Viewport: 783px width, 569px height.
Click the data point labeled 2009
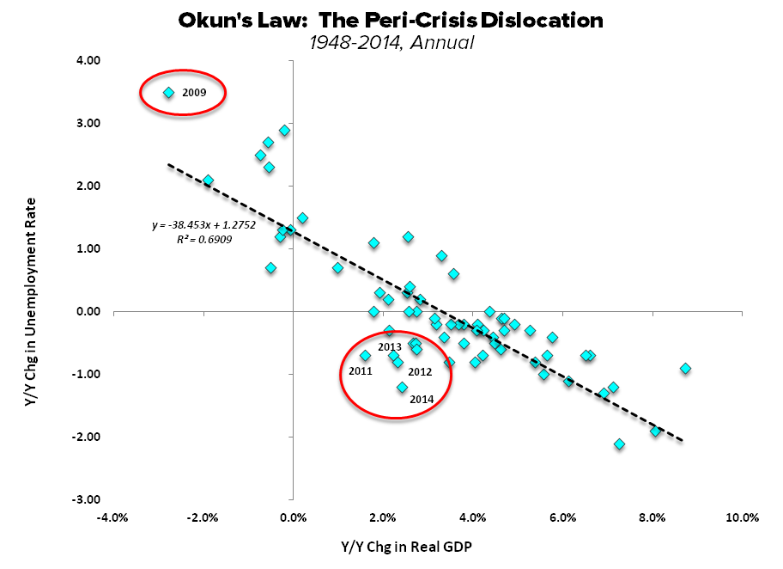168,92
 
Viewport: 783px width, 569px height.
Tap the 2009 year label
193,92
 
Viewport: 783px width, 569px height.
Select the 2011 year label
361,372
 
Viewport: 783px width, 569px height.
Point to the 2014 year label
422,400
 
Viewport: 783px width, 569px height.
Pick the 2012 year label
419,372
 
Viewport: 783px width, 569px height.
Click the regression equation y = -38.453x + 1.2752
197,227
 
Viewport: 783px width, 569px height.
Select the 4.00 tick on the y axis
88,61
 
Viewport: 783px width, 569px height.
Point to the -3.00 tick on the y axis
88,499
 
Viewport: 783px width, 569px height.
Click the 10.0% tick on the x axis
742,517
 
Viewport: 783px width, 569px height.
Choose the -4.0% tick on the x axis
113,517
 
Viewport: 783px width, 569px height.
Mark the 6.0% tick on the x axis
562,517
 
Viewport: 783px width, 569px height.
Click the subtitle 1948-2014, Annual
391,40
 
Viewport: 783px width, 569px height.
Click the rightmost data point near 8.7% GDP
685,368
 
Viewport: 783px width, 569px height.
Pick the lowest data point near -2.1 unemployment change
619,444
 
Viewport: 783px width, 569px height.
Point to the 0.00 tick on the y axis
88,311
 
